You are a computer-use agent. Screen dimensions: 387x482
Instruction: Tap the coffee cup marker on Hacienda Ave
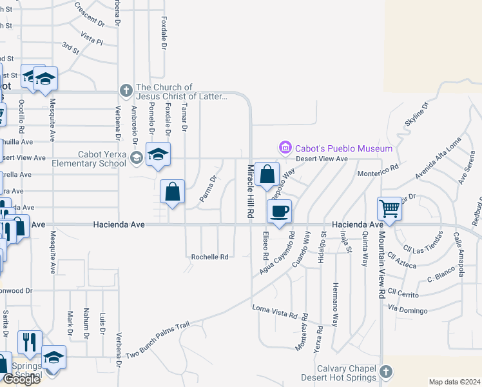(278, 212)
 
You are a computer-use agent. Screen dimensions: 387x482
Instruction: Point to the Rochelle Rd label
(209, 257)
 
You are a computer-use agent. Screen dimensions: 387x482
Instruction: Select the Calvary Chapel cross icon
(385, 372)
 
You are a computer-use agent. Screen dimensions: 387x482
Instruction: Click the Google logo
(21, 379)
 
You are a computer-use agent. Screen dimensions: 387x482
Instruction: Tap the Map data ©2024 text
(454, 382)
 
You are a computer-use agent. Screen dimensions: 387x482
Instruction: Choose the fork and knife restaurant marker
(30, 342)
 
